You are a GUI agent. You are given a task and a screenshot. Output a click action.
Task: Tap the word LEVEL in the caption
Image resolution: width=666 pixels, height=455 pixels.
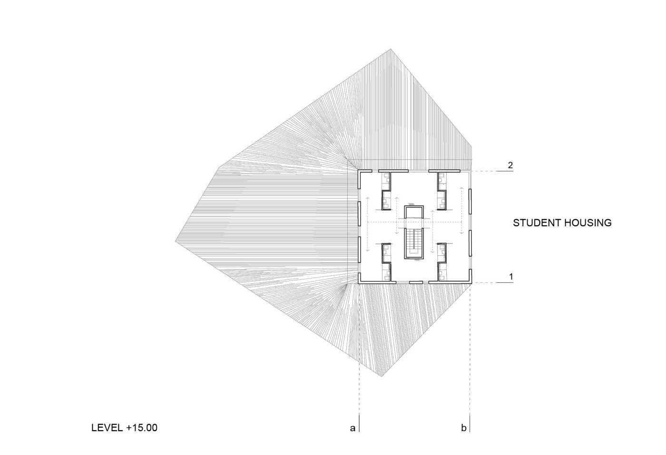tap(107, 427)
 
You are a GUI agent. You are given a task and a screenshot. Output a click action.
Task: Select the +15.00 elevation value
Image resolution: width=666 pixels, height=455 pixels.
tap(142, 427)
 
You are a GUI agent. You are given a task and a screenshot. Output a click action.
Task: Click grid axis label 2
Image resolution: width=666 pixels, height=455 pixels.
tap(510, 165)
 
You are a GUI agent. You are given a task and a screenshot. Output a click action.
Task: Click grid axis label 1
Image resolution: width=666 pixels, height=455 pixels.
tap(511, 277)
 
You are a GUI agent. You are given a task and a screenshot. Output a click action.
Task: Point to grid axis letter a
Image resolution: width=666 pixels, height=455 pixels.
tap(353, 428)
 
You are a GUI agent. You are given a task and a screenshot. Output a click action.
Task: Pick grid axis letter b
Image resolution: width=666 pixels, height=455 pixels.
tap(463, 427)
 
